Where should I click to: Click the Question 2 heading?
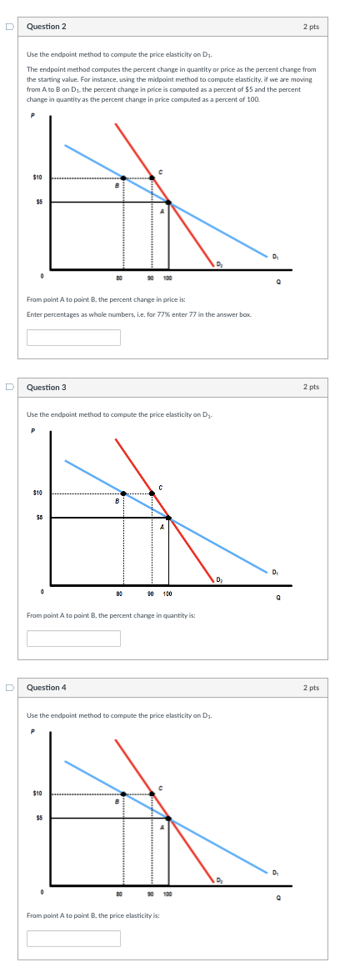(x=46, y=27)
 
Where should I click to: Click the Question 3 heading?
(x=46, y=387)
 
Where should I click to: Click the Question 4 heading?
(x=46, y=687)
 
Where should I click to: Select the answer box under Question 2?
(x=73, y=338)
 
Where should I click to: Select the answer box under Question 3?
(x=73, y=638)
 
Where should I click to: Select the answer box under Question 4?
(x=73, y=938)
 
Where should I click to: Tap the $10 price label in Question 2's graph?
(x=37, y=177)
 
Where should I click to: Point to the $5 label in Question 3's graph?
(x=38, y=518)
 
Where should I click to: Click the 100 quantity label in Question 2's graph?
(x=167, y=277)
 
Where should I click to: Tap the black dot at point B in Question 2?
(x=123, y=178)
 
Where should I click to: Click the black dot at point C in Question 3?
(x=152, y=494)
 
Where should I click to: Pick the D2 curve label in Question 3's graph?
(x=218, y=579)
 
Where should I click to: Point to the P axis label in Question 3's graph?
(x=32, y=431)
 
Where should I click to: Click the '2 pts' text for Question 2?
(x=311, y=27)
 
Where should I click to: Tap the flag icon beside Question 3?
(x=10, y=387)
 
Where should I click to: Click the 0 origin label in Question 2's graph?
(x=41, y=277)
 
